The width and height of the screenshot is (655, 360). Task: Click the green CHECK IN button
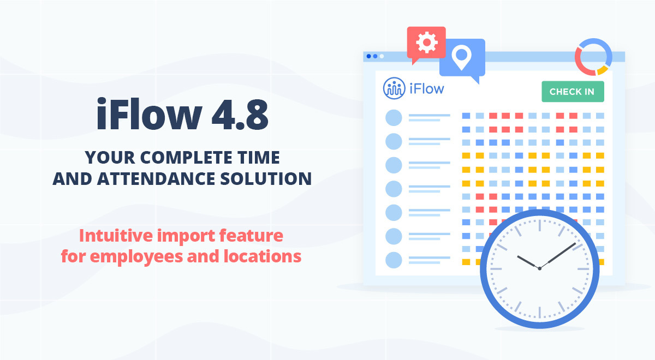[573, 92]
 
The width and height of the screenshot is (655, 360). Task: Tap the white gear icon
[427, 43]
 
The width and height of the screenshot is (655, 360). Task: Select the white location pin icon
[461, 57]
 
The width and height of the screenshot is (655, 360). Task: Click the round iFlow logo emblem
[394, 88]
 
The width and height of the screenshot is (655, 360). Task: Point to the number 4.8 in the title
[240, 115]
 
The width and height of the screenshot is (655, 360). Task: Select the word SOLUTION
[266, 178]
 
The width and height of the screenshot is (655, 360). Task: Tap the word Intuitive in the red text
[116, 236]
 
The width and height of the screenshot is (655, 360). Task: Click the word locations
[263, 256]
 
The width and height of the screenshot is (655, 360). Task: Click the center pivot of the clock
[539, 268]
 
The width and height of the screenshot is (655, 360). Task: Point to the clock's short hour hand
[528, 262]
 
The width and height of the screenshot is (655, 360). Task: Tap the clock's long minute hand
[558, 256]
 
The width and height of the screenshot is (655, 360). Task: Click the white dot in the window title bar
[382, 56]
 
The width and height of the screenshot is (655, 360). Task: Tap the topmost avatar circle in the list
[394, 118]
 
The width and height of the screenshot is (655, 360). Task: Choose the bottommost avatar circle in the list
[394, 260]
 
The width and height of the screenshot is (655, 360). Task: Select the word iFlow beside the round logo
[427, 88]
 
